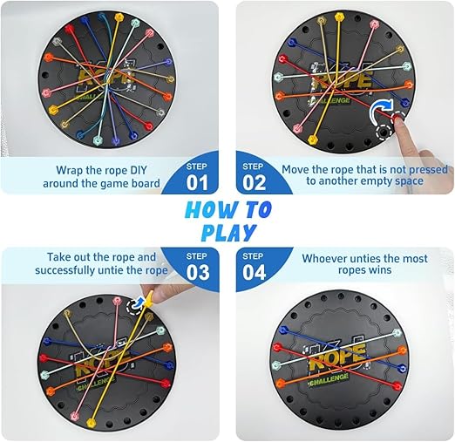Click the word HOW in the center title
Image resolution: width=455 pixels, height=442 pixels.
pos(207,209)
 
